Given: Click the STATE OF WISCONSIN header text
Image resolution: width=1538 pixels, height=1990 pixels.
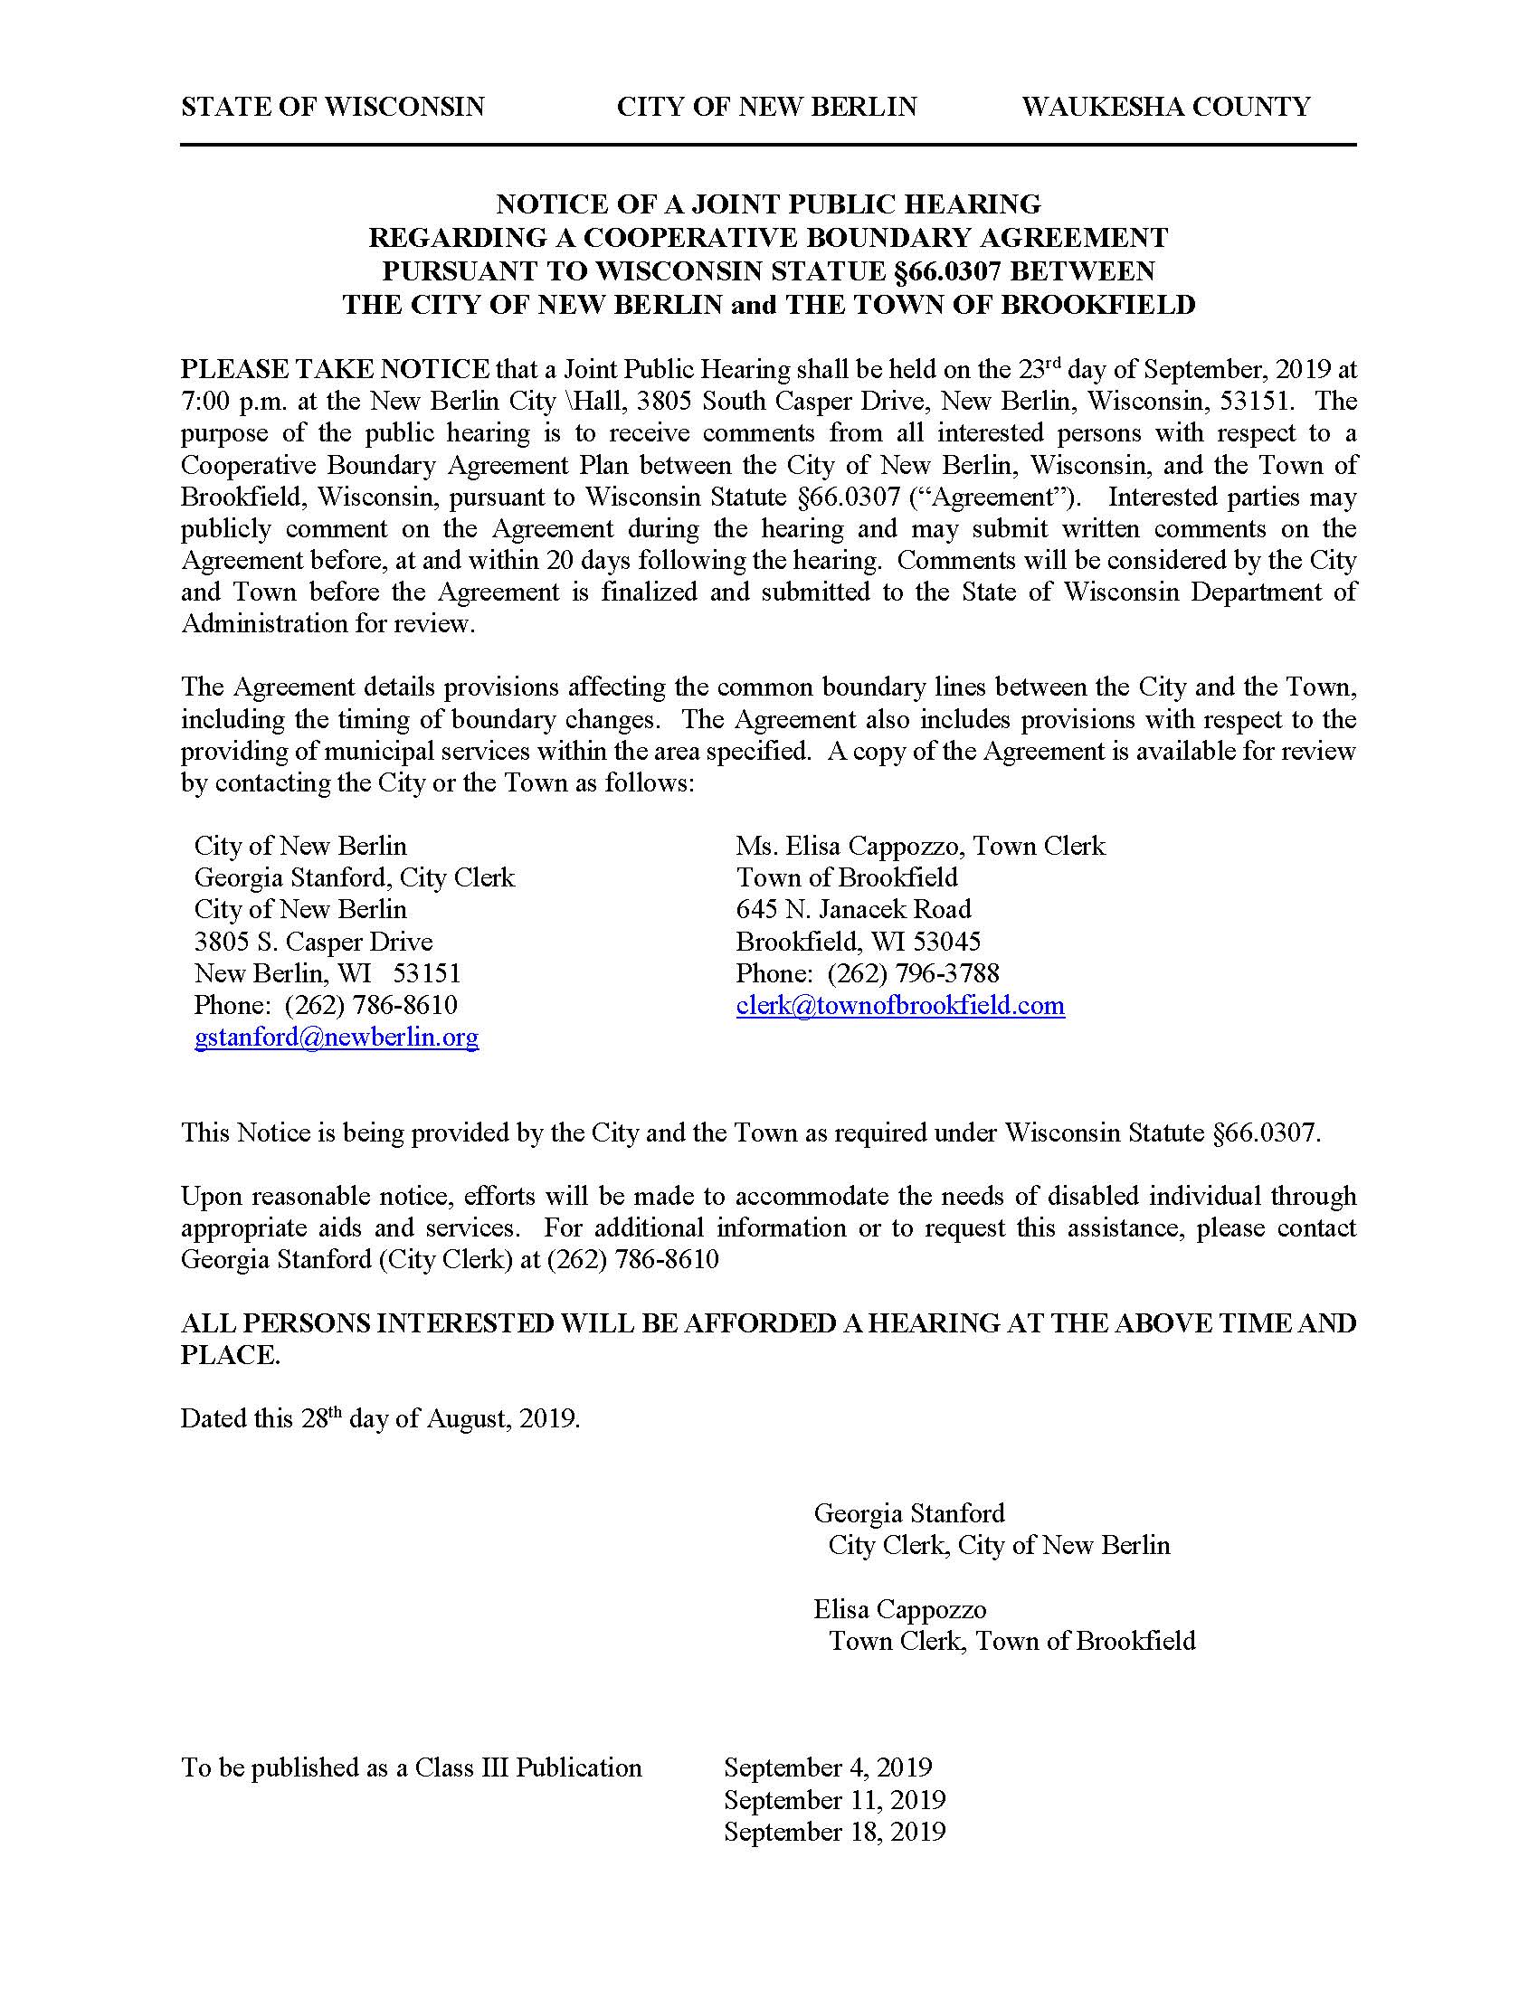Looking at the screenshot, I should [x=333, y=108].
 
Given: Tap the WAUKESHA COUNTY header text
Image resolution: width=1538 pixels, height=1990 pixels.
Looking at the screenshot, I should [x=1165, y=108].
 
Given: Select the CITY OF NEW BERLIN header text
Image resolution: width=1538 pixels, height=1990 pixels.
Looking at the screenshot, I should [x=766, y=108].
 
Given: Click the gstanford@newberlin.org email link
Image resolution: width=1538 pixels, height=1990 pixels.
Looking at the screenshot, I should [x=337, y=1037].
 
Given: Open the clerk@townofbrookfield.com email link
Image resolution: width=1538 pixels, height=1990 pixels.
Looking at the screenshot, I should [x=900, y=1005].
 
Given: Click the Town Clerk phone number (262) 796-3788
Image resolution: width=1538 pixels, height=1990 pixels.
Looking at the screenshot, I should [x=913, y=973].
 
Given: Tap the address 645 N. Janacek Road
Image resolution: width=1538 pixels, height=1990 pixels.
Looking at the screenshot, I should [x=854, y=909].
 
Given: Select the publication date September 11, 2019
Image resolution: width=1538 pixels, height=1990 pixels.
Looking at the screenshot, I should [x=835, y=1799].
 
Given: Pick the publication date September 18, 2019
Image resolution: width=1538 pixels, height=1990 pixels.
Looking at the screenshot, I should [x=835, y=1832].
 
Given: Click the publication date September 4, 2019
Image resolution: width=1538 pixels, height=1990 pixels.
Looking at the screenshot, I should [x=828, y=1767].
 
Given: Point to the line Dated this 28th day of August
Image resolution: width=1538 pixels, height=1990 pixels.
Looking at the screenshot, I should [x=380, y=1418].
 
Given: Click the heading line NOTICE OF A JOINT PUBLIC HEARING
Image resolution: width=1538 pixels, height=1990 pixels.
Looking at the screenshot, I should [x=768, y=204].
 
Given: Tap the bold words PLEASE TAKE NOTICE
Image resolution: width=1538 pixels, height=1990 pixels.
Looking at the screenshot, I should [x=335, y=369].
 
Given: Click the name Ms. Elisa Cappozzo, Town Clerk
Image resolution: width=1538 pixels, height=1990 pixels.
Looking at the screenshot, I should [x=920, y=846].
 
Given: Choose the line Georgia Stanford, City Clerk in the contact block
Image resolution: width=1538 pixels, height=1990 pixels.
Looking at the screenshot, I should [x=355, y=877].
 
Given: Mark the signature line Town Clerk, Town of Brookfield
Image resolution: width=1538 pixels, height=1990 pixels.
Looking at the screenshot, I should [x=1011, y=1641].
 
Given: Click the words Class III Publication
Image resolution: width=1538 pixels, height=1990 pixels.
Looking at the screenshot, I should [x=528, y=1767].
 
